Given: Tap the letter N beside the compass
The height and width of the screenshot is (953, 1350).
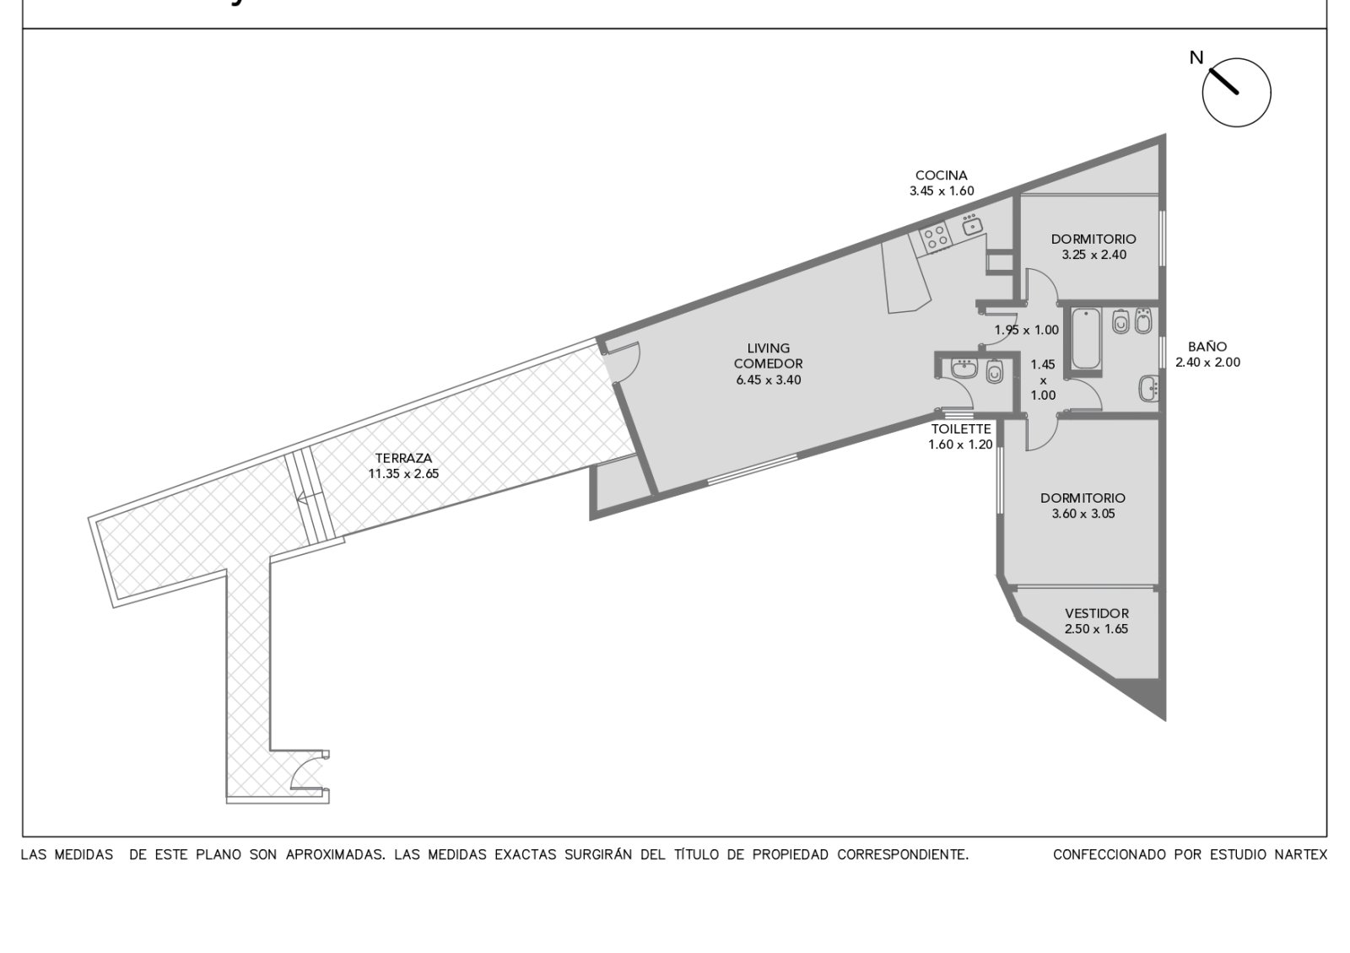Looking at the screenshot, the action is (1196, 58).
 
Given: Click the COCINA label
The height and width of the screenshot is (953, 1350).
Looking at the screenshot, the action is (942, 175).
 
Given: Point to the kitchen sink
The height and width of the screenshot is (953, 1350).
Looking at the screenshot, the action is (971, 224).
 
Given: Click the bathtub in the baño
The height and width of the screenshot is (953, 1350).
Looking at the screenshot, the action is (1086, 338).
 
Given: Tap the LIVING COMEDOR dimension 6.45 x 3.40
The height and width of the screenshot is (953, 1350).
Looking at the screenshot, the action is (769, 380).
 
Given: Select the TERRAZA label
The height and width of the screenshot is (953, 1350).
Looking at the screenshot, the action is (403, 458).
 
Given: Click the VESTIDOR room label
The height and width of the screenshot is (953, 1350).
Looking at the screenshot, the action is (1097, 613).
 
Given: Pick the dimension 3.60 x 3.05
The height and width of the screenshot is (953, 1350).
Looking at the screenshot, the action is (1083, 514).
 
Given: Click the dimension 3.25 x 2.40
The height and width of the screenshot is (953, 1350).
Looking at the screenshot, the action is (1094, 255).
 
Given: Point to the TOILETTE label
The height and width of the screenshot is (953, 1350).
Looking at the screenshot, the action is (961, 429).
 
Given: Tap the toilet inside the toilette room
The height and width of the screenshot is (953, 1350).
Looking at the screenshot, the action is (994, 371).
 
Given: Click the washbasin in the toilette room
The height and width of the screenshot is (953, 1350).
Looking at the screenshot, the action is (964, 368).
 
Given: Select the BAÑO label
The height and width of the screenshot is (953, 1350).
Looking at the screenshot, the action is (1207, 347).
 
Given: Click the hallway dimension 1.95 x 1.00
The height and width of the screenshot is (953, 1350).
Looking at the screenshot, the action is (1026, 330).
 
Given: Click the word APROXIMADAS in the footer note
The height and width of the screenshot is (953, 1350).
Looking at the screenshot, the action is (336, 855).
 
